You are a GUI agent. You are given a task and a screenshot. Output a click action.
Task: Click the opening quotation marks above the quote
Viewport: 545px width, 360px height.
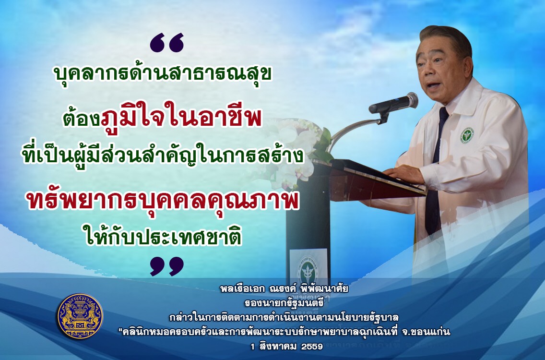click(167, 43)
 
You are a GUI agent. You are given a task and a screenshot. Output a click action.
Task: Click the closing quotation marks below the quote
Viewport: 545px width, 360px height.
click(167, 266)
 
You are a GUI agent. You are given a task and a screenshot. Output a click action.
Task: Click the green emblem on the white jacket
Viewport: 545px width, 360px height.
click(467, 135)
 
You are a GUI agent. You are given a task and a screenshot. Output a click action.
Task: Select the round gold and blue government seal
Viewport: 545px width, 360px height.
click(80, 316)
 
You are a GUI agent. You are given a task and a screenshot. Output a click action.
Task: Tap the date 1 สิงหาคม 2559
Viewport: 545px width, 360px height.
click(287, 347)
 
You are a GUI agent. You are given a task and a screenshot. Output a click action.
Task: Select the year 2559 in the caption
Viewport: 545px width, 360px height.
click(312, 347)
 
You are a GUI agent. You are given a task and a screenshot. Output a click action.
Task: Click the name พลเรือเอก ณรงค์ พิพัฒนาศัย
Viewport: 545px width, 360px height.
click(284, 288)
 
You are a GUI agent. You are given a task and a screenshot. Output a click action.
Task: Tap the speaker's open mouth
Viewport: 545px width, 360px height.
click(432, 85)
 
